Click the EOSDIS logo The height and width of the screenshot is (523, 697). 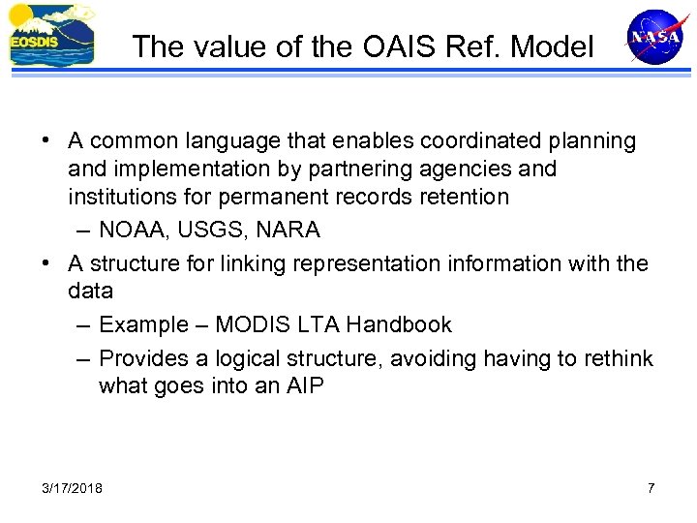51,36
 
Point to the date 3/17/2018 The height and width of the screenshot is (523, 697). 74,487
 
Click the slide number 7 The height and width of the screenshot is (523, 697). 651,487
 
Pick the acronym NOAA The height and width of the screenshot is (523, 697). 132,231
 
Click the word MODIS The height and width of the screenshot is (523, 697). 251,324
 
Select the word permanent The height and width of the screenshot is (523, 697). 307,198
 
